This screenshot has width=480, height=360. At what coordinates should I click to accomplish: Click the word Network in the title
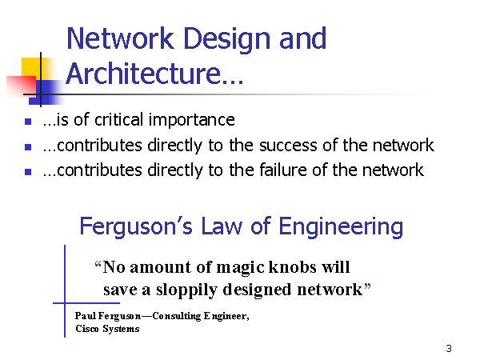tap(120, 38)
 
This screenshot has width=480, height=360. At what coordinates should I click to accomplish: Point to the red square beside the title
tap(22, 86)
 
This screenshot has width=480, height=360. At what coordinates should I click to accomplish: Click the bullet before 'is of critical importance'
tap(28, 122)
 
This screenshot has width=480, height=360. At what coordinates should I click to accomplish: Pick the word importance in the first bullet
tap(192, 120)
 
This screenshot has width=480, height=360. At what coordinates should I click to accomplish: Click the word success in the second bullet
tap(288, 146)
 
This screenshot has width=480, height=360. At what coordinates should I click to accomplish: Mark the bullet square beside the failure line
tap(28, 172)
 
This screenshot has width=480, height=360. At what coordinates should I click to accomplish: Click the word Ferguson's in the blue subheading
tap(136, 227)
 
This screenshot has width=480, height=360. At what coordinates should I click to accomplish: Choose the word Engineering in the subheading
tap(341, 227)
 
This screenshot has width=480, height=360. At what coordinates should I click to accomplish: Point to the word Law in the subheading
tap(222, 226)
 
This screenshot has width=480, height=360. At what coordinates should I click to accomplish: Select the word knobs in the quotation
tap(292, 267)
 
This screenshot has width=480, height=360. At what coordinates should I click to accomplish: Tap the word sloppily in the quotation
tap(186, 290)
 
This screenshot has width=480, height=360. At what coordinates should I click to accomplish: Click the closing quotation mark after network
tap(367, 287)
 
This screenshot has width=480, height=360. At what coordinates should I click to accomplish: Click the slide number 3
tap(449, 348)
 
